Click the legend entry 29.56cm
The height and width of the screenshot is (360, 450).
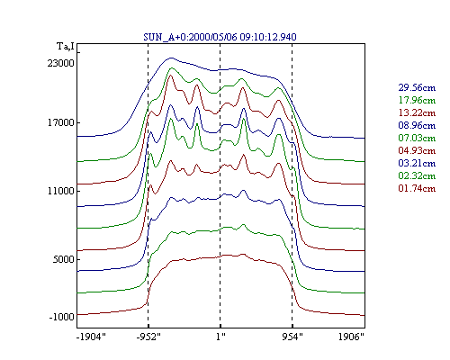[417, 87]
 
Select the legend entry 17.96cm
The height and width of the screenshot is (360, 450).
[417, 100]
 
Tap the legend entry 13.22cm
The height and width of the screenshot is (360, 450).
[417, 112]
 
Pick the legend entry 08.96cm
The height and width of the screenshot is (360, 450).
[417, 125]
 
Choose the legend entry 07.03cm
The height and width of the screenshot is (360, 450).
[417, 138]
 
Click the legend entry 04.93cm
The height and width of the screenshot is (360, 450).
[417, 150]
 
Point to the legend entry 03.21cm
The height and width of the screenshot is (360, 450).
[417, 163]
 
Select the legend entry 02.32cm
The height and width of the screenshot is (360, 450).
[417, 175]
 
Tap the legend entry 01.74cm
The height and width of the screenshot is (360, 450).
[417, 188]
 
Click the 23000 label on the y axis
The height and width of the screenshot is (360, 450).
[60, 63]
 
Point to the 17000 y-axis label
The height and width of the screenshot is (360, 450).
[60, 122]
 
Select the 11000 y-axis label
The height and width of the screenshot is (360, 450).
[60, 191]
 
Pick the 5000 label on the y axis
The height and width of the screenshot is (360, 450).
[63, 259]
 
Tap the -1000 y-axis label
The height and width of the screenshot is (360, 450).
[61, 317]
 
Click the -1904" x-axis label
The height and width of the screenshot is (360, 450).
[91, 337]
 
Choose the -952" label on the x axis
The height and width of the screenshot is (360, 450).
[148, 337]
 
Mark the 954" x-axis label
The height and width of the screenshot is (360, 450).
[292, 337]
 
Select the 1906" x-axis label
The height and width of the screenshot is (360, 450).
[351, 337]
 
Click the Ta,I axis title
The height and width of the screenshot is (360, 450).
[66, 47]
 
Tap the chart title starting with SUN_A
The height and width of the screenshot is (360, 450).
[220, 37]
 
